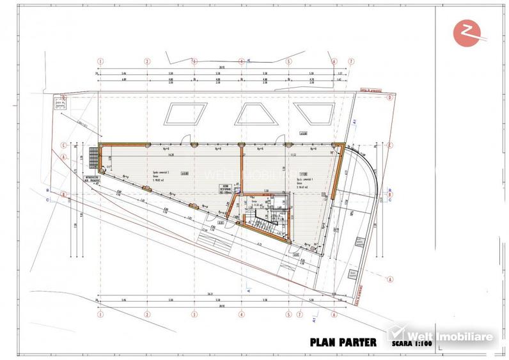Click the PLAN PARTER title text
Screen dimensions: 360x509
(343, 341)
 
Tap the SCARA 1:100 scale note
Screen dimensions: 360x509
(409, 344)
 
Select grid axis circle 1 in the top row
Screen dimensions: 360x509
(100, 61)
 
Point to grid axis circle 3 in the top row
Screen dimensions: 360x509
(194, 61)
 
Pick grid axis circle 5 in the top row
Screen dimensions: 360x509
(288, 61)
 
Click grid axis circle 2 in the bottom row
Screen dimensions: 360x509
(147, 315)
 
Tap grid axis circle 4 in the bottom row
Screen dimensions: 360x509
(242, 315)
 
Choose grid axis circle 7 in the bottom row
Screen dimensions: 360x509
(298, 315)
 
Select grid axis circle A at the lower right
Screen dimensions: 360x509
(389, 279)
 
